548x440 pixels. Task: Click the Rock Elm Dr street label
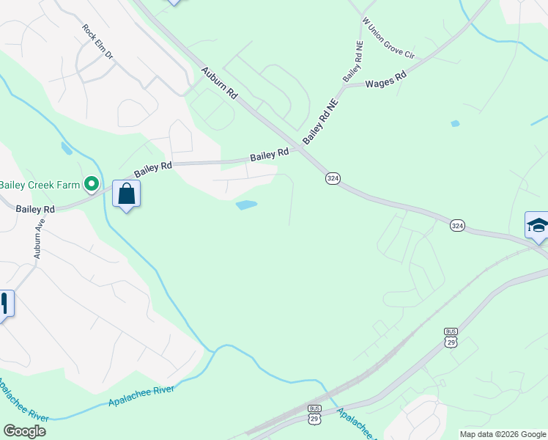click(98, 43)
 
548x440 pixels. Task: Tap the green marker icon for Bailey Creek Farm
click(92, 183)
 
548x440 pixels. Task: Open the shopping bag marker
click(126, 194)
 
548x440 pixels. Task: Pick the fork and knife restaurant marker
click(4, 304)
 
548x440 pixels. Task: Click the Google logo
click(24, 431)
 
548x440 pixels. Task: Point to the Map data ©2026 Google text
click(503, 434)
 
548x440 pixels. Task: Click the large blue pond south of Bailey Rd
click(246, 205)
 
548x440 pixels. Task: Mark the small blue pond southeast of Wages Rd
click(455, 123)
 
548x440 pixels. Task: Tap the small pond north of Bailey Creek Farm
click(67, 148)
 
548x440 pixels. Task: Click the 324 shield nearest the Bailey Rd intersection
click(333, 178)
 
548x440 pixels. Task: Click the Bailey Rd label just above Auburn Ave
click(39, 209)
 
